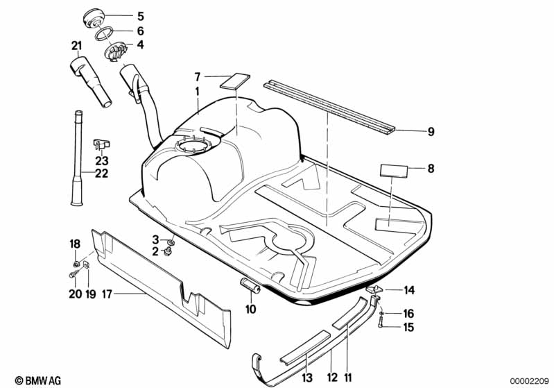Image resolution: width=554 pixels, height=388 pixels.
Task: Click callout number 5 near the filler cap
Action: (x=141, y=15)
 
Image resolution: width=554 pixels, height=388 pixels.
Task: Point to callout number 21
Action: (x=76, y=47)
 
